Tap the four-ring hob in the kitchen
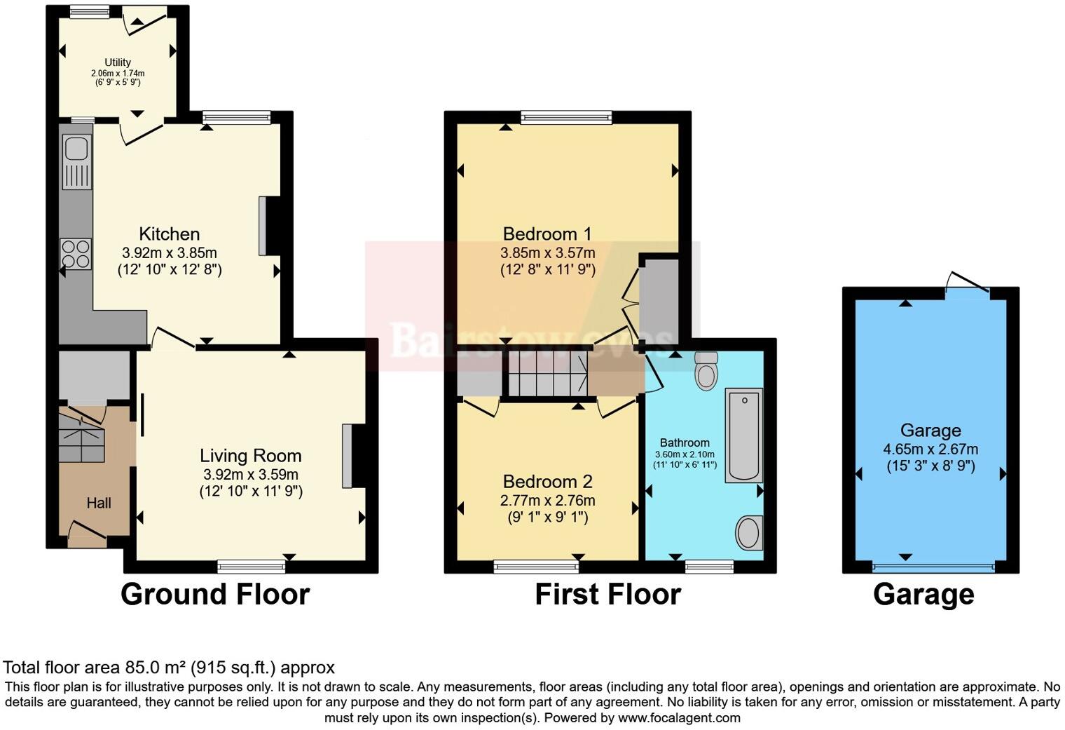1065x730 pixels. (76, 254)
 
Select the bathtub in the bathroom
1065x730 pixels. (743, 435)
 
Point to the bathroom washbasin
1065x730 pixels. (749, 533)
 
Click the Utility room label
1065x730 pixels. (118, 62)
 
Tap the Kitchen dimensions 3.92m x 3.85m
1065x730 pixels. (170, 252)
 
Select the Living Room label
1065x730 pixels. (251, 456)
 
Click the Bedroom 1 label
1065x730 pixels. (547, 234)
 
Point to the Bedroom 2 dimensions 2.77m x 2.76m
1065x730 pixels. (547, 501)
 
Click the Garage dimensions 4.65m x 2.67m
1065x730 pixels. (930, 449)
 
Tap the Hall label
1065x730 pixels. (99, 503)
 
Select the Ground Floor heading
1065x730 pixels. (215, 594)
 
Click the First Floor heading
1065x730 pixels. (607, 594)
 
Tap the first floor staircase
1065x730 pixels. (547, 373)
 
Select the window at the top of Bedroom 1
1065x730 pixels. (566, 117)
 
